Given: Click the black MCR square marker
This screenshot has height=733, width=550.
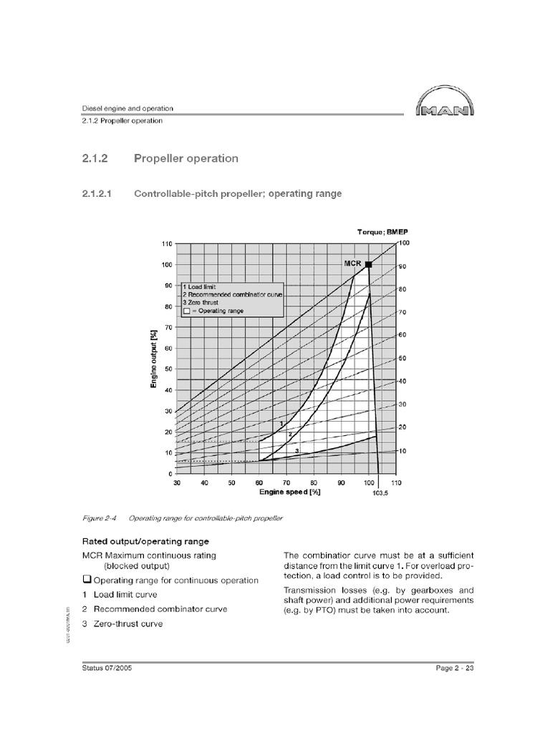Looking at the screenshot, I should [369, 264].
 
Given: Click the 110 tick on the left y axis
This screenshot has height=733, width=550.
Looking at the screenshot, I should [167, 243].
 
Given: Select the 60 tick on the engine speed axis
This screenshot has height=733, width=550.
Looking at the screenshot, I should [259, 483].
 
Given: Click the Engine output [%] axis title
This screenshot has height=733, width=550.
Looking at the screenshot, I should [154, 359].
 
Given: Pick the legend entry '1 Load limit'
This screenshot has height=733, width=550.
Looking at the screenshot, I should [203, 286].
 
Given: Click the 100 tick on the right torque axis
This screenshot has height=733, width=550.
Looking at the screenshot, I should [403, 244].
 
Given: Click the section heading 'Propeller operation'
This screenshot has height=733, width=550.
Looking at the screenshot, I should [186, 158].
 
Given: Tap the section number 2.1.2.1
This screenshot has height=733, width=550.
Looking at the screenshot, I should [99, 193].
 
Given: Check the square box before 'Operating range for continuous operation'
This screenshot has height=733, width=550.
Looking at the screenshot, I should [87, 579].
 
